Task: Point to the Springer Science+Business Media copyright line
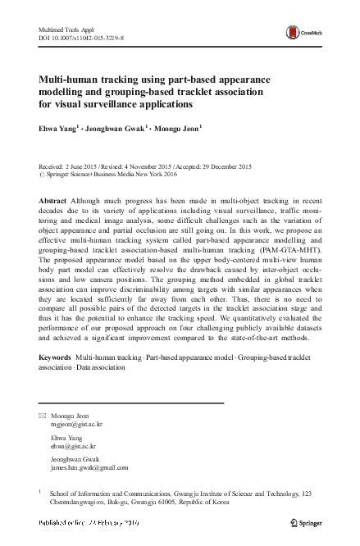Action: pyautogui.click(x=123, y=175)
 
